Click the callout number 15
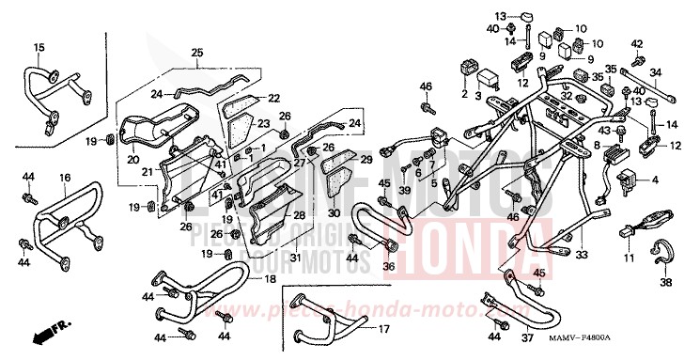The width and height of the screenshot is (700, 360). [39, 47]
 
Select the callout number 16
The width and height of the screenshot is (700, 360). [64, 177]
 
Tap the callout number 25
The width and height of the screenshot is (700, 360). [196, 52]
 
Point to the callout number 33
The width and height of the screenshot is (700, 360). [582, 255]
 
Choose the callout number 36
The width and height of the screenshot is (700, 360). [387, 266]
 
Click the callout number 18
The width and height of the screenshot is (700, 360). [270, 280]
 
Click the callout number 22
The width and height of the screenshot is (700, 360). [274, 98]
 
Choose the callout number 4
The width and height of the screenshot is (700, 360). [655, 178]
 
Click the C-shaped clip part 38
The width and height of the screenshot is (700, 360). [661, 253]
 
